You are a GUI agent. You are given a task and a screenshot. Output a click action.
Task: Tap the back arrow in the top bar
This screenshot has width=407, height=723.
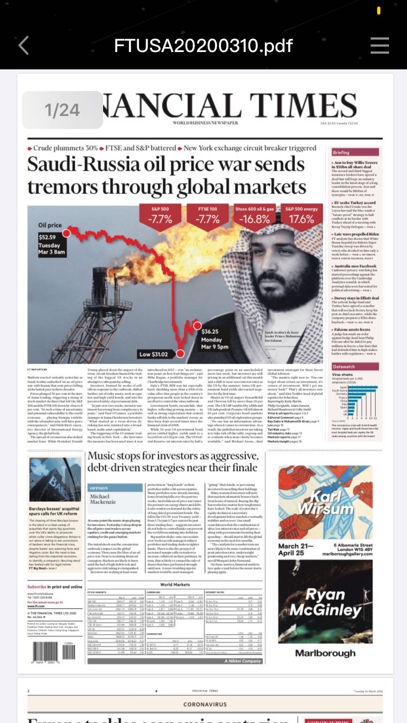tap(23, 46)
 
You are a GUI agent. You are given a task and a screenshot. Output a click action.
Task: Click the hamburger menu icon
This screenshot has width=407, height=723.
tap(379, 46)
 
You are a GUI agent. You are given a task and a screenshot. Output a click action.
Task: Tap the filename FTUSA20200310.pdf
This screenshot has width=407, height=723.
tap(203, 46)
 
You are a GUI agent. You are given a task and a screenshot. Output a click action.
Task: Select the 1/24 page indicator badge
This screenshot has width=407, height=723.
tap(62, 110)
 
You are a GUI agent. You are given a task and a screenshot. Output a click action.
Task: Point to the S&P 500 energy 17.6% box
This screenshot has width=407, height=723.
tap(301, 215)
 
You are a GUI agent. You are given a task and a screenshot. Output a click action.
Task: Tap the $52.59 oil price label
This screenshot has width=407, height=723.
tap(48, 237)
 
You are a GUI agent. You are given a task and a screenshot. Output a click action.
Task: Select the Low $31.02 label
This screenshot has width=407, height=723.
tap(154, 354)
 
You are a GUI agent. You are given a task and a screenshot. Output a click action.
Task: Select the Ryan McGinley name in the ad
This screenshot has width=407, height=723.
tap(325, 602)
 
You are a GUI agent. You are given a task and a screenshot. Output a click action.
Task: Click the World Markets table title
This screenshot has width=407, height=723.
tap(175, 585)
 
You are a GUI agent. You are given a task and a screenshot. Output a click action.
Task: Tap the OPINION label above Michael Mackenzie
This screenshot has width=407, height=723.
tap(99, 488)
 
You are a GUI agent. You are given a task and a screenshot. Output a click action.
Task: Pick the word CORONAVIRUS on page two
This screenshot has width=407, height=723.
tap(205, 704)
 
